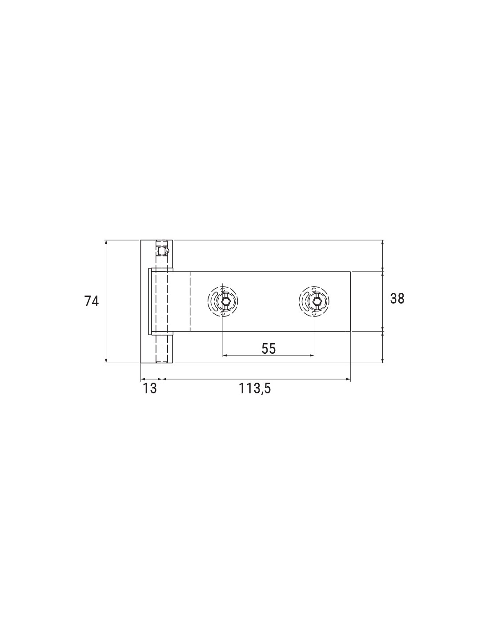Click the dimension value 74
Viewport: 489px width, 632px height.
click(91, 301)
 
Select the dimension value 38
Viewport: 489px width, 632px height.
click(397, 299)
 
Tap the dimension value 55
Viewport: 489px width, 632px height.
click(269, 348)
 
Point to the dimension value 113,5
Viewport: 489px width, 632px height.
click(255, 388)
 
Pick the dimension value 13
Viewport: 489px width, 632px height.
click(150, 388)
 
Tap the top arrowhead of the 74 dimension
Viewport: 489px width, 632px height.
click(106, 242)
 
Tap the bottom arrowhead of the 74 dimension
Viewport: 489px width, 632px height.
click(106, 360)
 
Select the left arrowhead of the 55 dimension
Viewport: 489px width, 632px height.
click(224, 356)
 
